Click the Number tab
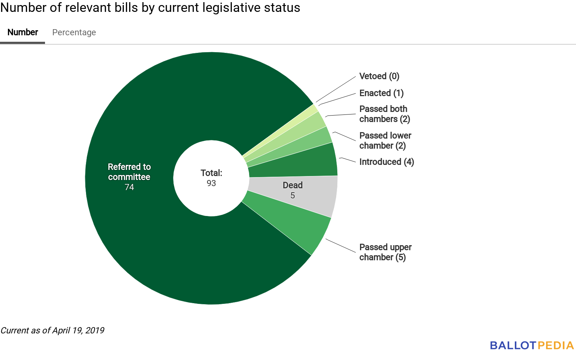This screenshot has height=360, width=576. click(23, 32)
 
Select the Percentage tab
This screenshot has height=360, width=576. click(74, 32)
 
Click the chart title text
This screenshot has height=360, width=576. click(150, 8)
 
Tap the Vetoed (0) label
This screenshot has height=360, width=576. click(379, 76)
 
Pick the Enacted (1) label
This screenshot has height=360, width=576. click(381, 93)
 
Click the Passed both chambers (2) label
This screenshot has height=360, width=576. click(384, 114)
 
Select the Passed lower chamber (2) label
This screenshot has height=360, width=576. click(385, 141)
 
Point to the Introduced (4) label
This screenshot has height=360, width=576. click(386, 162)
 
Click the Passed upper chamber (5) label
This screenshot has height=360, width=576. click(385, 252)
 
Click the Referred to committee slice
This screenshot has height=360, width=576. click(144, 234)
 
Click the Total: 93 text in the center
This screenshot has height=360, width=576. click(211, 178)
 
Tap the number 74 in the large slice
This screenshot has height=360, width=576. click(129, 187)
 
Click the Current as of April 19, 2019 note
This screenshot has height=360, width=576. click(53, 330)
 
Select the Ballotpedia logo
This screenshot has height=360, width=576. click(531, 346)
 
